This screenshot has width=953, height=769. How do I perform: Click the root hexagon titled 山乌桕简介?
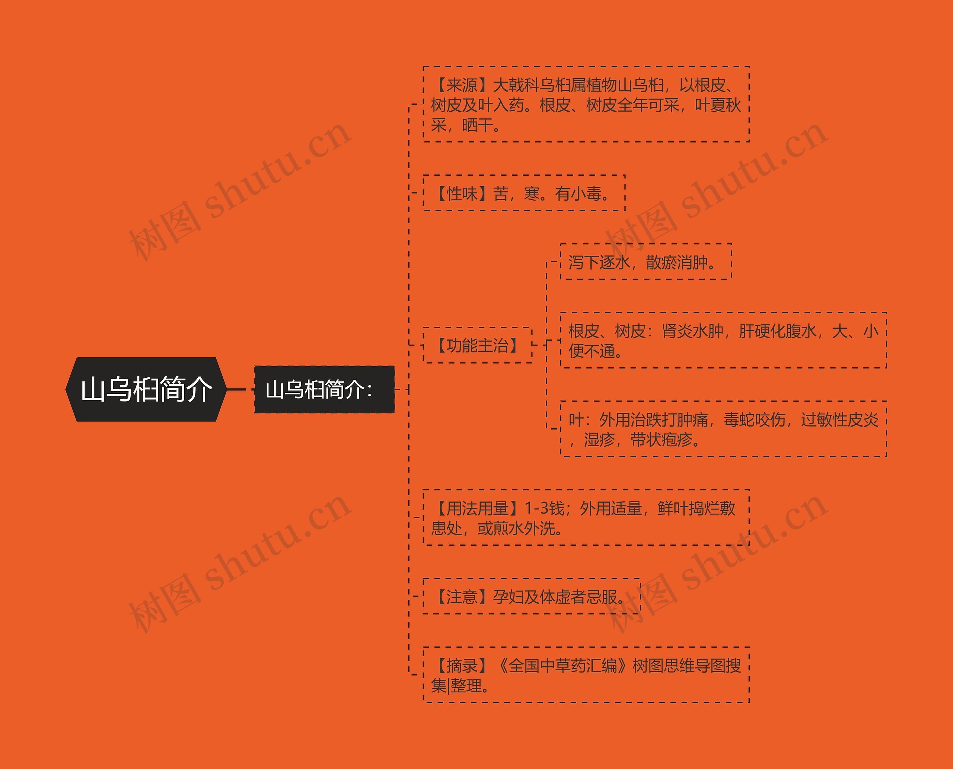(x=146, y=389)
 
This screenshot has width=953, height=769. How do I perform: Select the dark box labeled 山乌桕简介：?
(x=324, y=389)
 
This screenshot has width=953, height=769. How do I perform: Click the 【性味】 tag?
(x=462, y=194)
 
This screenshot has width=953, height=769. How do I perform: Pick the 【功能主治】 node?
(x=477, y=345)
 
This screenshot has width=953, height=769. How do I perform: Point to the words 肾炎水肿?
(x=692, y=331)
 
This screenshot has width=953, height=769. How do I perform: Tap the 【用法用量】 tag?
(x=477, y=508)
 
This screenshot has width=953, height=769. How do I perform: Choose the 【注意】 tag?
(x=462, y=597)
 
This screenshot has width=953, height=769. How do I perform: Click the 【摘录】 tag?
(x=462, y=666)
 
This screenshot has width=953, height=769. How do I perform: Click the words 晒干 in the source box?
(x=477, y=125)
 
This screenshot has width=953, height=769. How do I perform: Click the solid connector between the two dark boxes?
(x=236, y=389)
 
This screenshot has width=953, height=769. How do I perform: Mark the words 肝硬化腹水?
(x=778, y=331)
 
